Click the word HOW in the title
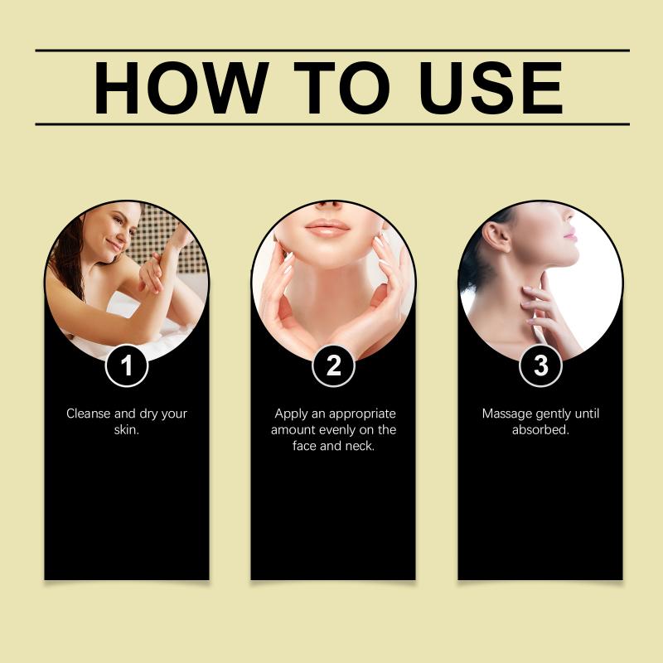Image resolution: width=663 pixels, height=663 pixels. pyautogui.click(x=181, y=88)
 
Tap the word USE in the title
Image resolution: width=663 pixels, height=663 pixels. pyautogui.click(x=491, y=88)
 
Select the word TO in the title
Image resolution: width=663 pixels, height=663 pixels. pyautogui.click(x=341, y=88)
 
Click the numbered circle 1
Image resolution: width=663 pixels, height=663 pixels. pyautogui.click(x=127, y=365)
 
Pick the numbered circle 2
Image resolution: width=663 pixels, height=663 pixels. pyautogui.click(x=333, y=365)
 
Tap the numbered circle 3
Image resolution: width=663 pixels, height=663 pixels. pyautogui.click(x=540, y=365)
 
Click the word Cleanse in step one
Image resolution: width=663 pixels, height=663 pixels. pyautogui.click(x=89, y=413)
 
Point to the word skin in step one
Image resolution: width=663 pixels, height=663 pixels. pyautogui.click(x=127, y=429)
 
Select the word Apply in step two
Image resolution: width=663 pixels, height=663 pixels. pyautogui.click(x=291, y=414)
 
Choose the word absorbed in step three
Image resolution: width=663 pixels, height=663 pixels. pyautogui.click(x=540, y=429)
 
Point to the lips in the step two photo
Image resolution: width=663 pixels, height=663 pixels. pyautogui.click(x=327, y=229)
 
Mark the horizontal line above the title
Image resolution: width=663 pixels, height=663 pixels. pyautogui.click(x=332, y=51)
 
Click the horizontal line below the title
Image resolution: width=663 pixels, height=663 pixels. pyautogui.click(x=332, y=124)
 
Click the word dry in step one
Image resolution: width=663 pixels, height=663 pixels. pyautogui.click(x=148, y=414)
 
